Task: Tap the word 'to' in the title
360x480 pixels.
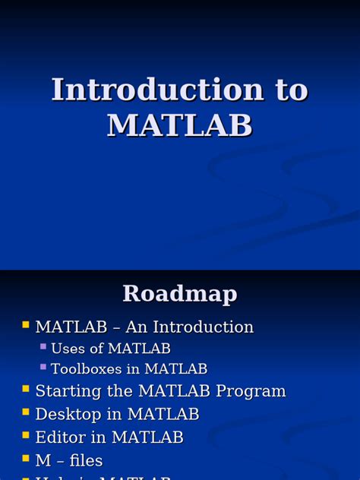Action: [291, 90]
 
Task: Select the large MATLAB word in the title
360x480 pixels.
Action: [180, 125]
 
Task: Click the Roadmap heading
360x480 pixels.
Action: [180, 293]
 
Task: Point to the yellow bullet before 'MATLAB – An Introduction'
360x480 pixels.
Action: [26, 326]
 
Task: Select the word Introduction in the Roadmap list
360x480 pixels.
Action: [203, 327]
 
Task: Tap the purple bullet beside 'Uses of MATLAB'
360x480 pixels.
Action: [43, 347]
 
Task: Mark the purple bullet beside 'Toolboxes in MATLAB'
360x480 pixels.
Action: [43, 368]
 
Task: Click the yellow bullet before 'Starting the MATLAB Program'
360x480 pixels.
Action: [26, 390]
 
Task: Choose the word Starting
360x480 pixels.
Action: [66, 392]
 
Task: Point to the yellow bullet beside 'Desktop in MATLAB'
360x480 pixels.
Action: [26, 412]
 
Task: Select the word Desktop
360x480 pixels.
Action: [69, 415]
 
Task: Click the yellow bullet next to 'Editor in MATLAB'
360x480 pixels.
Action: [26, 436]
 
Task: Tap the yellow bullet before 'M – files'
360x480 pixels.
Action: [26, 459]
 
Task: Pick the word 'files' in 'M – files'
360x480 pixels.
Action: [86, 460]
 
